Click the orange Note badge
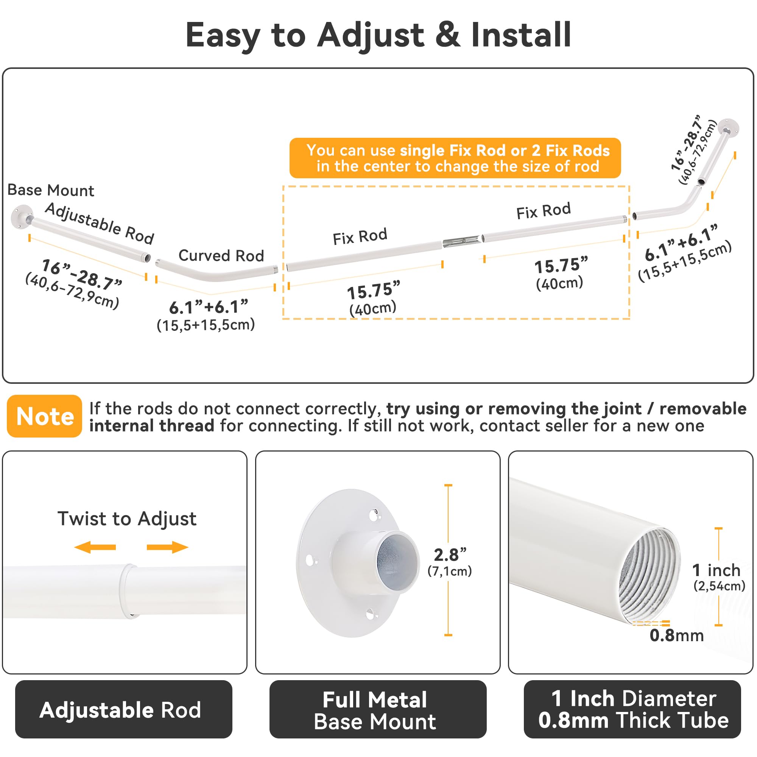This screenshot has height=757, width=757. (x=44, y=416)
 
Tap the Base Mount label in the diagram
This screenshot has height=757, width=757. (x=51, y=190)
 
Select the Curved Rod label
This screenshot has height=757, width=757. (x=221, y=255)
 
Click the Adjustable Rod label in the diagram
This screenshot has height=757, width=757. (x=100, y=223)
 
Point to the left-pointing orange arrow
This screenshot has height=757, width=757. (x=95, y=547)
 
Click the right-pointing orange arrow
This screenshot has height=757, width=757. (x=168, y=547)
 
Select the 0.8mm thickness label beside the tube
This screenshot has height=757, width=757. (x=677, y=635)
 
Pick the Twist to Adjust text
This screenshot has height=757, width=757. (x=127, y=519)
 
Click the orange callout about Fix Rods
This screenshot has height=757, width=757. (x=455, y=158)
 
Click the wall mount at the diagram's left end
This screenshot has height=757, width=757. (x=22, y=217)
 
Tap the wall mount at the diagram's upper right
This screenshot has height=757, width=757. (x=728, y=128)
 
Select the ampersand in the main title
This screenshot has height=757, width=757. (x=447, y=34)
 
